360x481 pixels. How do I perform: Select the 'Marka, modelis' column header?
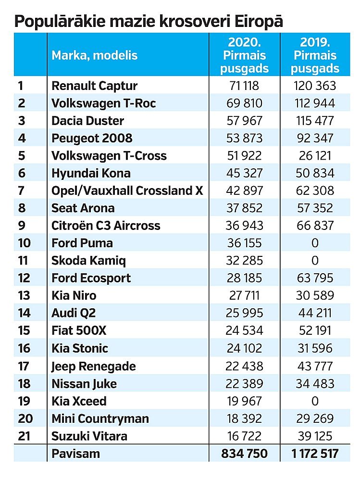[x=95, y=55]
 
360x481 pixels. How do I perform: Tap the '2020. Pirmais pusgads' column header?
[x=244, y=55]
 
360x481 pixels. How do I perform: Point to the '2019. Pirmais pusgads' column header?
[x=315, y=55]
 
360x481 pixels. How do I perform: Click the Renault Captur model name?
[x=95, y=86]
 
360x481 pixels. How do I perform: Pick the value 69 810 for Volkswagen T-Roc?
[x=244, y=103]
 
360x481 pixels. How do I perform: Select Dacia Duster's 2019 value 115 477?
[x=315, y=121]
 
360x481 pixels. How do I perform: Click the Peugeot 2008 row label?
[x=92, y=139]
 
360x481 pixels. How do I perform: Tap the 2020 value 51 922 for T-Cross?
[x=244, y=156]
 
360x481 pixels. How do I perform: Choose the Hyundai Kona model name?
[x=91, y=173]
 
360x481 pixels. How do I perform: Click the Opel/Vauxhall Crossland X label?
[x=127, y=191]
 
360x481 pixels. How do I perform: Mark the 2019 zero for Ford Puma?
[x=315, y=243]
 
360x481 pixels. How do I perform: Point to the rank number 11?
[x=23, y=261]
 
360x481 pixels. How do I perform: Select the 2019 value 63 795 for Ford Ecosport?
[x=315, y=278]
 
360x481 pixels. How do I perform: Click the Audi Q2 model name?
[x=74, y=313]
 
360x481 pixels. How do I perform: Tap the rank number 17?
[x=24, y=366]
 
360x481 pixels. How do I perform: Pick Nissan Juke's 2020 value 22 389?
[x=244, y=384]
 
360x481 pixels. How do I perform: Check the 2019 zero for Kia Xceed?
[x=315, y=401]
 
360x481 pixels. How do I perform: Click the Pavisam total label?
[x=76, y=454]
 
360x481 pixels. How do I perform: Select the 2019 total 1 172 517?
[x=315, y=454]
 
